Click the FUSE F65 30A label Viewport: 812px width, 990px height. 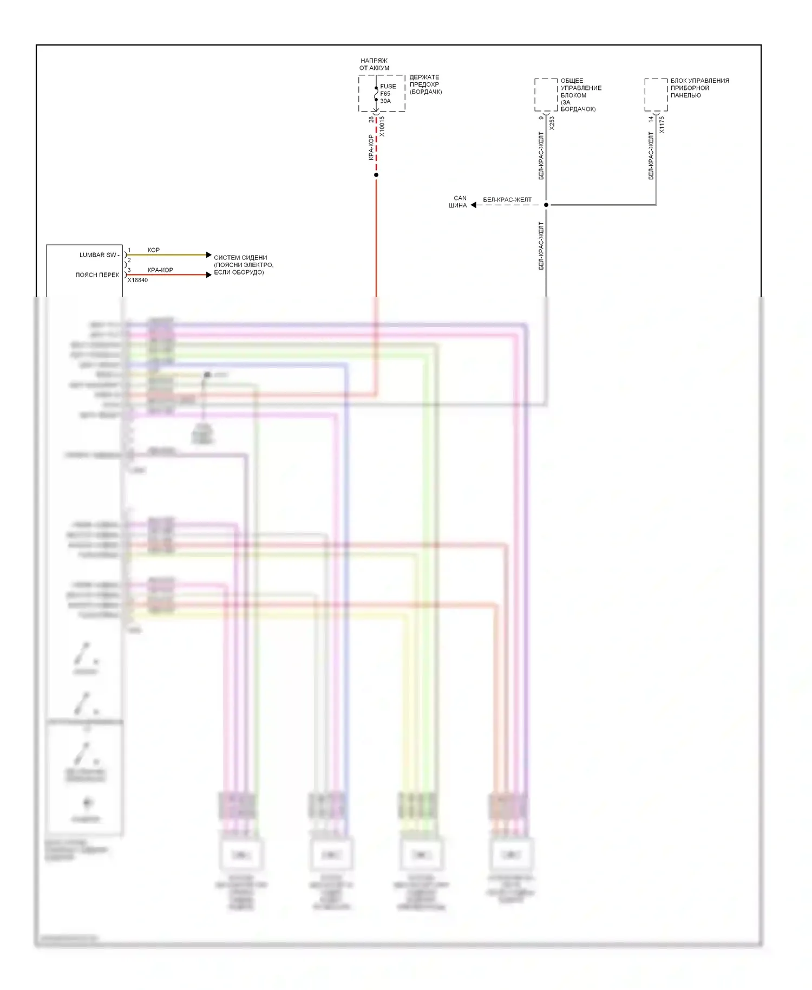tap(387, 94)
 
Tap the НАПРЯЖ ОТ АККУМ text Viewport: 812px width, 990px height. tap(374, 64)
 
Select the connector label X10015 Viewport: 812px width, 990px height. tap(382, 126)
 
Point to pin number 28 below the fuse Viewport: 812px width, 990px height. tap(371, 119)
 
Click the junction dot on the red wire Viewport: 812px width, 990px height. tap(376, 175)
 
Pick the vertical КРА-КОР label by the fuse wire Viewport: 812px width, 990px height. tap(371, 147)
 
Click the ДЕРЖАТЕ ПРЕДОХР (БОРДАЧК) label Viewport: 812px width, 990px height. tap(425, 84)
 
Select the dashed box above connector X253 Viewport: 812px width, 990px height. tap(546, 95)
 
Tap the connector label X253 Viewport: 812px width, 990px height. tap(552, 123)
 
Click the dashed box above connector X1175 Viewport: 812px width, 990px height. tap(656, 95)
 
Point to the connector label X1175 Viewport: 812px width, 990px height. tap(662, 125)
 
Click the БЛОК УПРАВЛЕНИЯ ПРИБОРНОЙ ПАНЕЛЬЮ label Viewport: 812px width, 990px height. tap(699, 88)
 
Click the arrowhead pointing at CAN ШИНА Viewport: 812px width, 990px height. tap(474, 205)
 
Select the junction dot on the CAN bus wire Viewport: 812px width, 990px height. tap(546, 205)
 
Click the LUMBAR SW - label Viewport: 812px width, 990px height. tap(99, 255)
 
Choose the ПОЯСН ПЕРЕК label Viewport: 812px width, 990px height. tap(97, 275)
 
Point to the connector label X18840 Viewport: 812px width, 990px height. tap(137, 280)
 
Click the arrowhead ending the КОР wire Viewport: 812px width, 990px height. tap(209, 255)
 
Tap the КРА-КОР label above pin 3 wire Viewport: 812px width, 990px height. tap(160, 270)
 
